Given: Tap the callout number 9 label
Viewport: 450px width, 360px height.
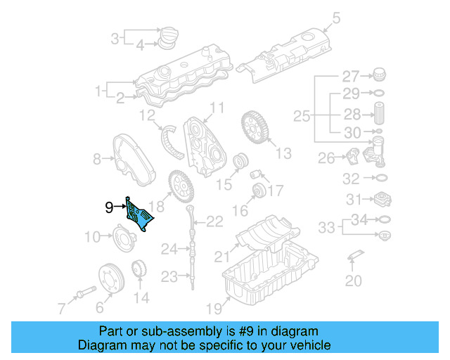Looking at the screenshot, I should (108, 207).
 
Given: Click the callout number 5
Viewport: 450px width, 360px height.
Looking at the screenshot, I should (336, 18).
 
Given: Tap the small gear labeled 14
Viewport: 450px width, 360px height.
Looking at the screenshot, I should (139, 271).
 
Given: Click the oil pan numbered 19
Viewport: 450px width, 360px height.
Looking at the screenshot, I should (267, 278).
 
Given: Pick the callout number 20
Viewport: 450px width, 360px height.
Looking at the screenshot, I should (353, 281).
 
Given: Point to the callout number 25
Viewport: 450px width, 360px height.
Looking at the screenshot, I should (301, 115).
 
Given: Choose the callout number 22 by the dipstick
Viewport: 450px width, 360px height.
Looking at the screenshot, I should (214, 222).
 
